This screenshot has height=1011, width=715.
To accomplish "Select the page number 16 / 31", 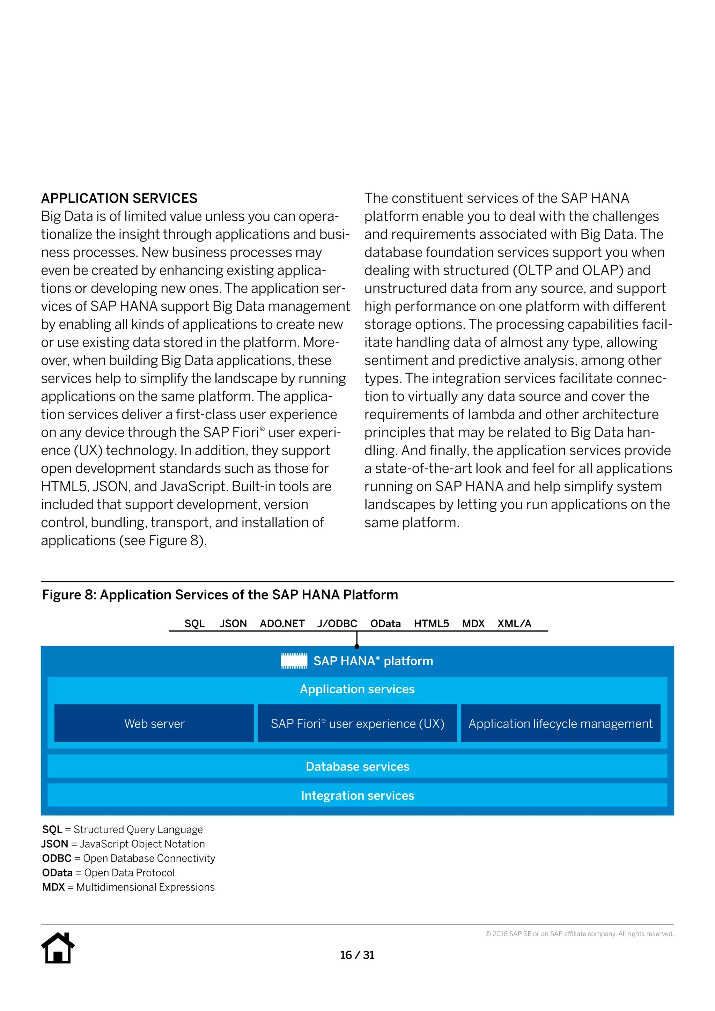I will coord(357,955).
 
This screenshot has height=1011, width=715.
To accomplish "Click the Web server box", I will coord(154,723).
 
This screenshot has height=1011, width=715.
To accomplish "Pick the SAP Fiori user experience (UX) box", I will coord(357,723).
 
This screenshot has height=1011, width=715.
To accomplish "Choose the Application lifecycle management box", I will coord(560,723).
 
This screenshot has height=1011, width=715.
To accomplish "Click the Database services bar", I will coord(357,766).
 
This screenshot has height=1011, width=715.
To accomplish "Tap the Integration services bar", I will coord(357,795).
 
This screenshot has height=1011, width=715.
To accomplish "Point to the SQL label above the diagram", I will coord(194,623).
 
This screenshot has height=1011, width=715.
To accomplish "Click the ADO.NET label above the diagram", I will coord(282,623).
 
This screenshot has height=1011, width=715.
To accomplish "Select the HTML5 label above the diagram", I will coord(431,623).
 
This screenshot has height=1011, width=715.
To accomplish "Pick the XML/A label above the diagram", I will coord(514,623).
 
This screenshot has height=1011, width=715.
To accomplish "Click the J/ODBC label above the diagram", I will coord(337,623).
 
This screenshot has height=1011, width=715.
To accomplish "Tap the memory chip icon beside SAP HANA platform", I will coord(294,661).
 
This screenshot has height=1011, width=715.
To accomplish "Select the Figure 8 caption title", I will coord(220,595).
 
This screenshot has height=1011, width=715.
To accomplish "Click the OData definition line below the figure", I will coord(108,872).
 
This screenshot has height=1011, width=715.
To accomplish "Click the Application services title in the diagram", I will coord(357,689).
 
